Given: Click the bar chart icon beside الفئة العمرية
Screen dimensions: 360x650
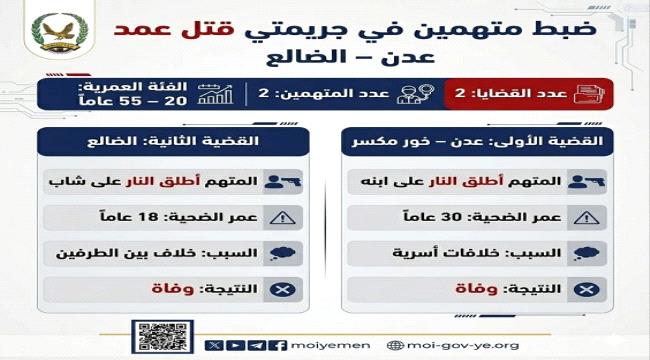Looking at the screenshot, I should click(215, 95).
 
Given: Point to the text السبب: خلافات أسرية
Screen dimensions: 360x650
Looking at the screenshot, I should click(477, 254).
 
